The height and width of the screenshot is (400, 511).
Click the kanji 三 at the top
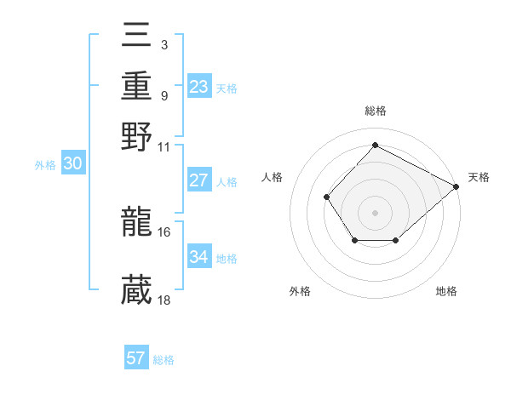point(137,41)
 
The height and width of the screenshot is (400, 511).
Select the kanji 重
point(137,88)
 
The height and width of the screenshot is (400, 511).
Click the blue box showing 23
point(198,86)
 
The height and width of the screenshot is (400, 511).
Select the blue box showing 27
point(198,180)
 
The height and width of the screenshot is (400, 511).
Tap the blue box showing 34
point(198,256)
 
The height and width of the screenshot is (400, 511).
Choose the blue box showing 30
point(72,164)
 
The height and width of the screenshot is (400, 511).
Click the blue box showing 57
point(136,358)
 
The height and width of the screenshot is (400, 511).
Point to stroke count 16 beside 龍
point(164,231)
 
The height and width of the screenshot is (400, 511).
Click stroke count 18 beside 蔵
point(164,300)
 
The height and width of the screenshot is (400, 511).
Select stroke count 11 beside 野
point(164,146)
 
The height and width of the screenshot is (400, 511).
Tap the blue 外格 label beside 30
point(45,165)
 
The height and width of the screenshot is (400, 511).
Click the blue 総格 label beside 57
point(164,360)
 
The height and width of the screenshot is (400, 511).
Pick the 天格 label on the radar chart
point(479,177)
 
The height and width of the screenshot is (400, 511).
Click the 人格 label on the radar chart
point(273,177)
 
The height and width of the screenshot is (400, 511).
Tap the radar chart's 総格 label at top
point(375,111)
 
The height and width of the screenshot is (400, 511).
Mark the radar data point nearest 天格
point(456,186)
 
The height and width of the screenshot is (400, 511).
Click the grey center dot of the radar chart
point(375,212)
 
